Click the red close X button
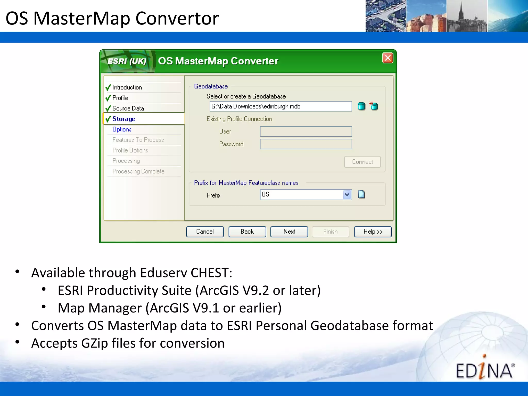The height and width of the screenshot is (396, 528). coord(387,58)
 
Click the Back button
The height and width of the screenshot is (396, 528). coord(247,232)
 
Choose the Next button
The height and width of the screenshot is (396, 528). coord(289,232)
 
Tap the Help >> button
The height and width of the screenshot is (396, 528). coord(373,232)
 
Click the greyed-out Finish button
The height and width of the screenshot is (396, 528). coord(330,232)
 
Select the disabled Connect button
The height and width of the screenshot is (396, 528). coord(362,162)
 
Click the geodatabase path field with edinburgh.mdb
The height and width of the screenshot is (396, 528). coord(280,106)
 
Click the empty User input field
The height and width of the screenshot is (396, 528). coord(306,131)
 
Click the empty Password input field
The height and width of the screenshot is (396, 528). coord(306,144)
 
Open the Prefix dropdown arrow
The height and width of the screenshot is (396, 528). coord(347,195)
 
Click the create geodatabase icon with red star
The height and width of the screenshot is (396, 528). coord(374,106)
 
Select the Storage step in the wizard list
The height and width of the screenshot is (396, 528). coord(124,119)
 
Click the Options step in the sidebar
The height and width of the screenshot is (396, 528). coord(122,129)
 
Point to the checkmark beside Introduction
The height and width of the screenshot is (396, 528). coord(108,88)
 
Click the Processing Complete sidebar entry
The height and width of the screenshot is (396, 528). coord(138,171)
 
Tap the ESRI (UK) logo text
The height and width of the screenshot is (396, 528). coord(127,61)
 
